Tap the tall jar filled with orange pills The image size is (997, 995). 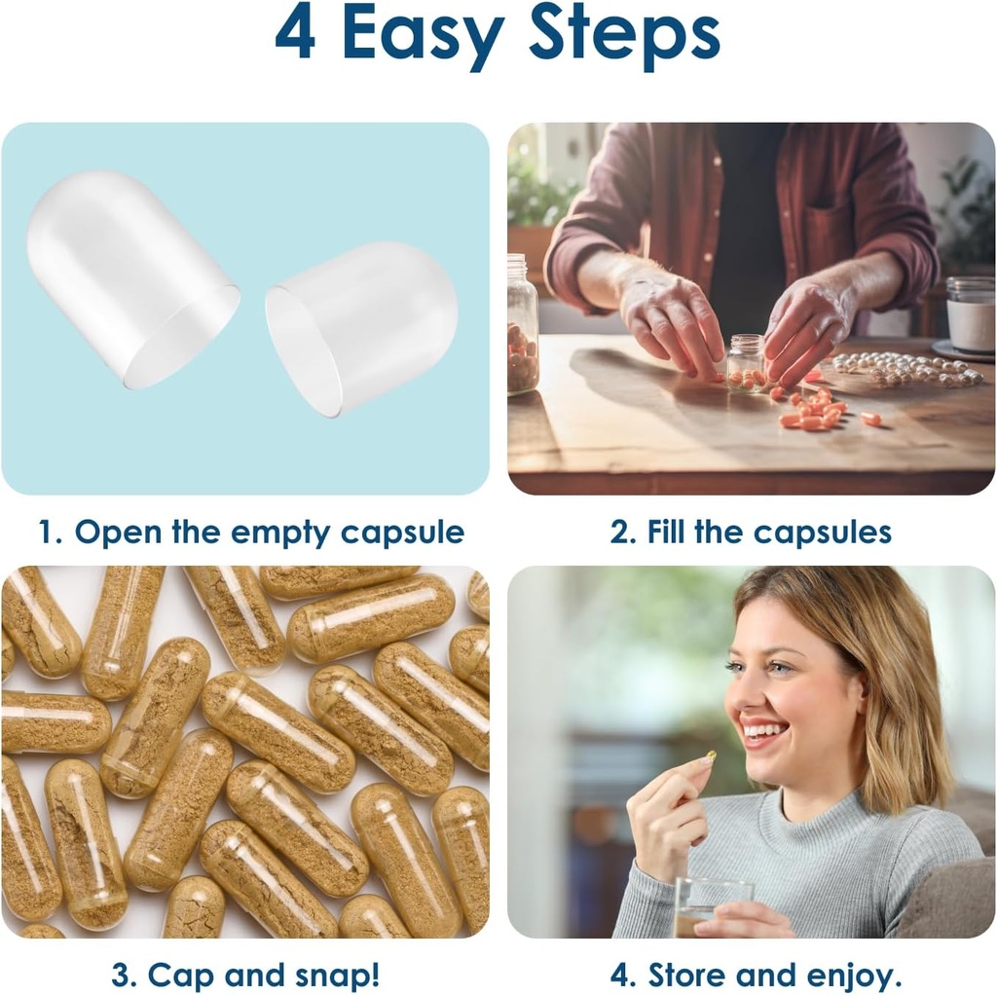coord(521,326)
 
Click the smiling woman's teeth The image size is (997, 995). coord(764,730)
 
